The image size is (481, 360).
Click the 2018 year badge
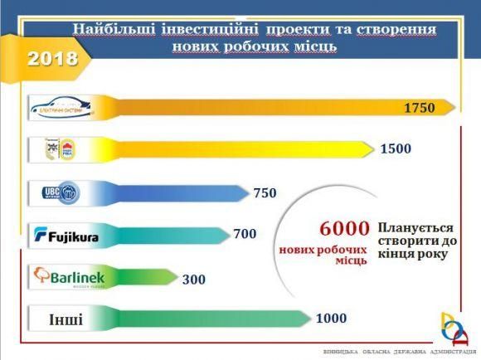tap(51, 58)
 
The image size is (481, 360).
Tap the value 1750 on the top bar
tap(419, 109)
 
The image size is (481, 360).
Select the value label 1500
tap(396, 149)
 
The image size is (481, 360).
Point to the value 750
tap(265, 193)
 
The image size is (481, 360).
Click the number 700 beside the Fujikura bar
tap(245, 235)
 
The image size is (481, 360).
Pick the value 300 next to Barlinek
tap(194, 279)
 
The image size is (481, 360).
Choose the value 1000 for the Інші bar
tap(330, 319)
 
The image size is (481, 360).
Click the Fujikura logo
tap(66, 237)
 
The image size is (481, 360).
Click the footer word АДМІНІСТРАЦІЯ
tap(442, 351)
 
